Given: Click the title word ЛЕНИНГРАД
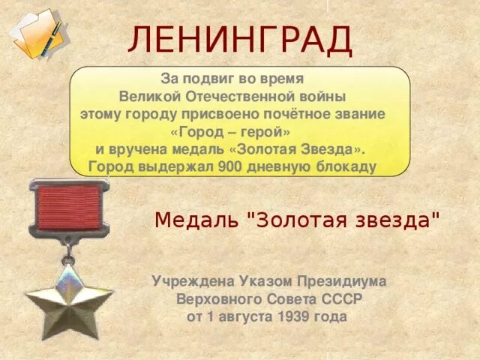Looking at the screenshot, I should click(x=240, y=40).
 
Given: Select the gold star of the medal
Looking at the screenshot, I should click(x=68, y=297).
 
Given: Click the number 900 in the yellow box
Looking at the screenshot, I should click(x=229, y=166).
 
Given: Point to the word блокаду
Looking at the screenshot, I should click(x=347, y=166).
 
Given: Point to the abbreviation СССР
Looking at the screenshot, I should click(x=342, y=298).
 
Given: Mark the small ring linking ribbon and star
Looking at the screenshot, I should click(x=69, y=250).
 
